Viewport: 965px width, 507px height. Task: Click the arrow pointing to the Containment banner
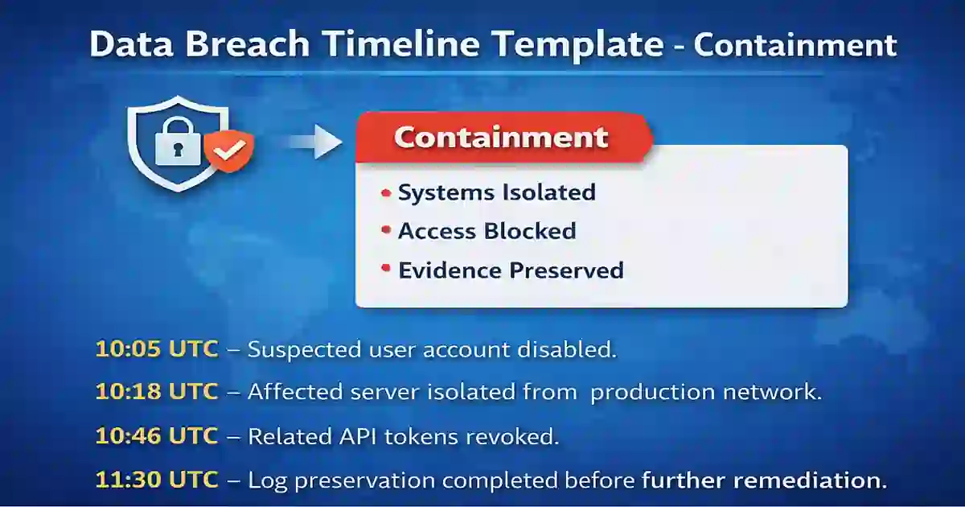(314, 142)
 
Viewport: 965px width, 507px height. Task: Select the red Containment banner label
(501, 138)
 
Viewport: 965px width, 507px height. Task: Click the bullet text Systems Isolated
(496, 193)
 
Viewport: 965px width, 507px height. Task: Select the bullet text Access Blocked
(487, 232)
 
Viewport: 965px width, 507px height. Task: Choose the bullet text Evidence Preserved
(511, 270)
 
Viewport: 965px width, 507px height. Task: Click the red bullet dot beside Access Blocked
(385, 231)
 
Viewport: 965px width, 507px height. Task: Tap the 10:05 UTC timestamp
(157, 349)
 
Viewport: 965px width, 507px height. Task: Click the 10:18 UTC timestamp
(157, 392)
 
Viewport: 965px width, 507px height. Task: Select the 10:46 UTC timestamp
(157, 436)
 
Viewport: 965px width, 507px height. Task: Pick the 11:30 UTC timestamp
(157, 480)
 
